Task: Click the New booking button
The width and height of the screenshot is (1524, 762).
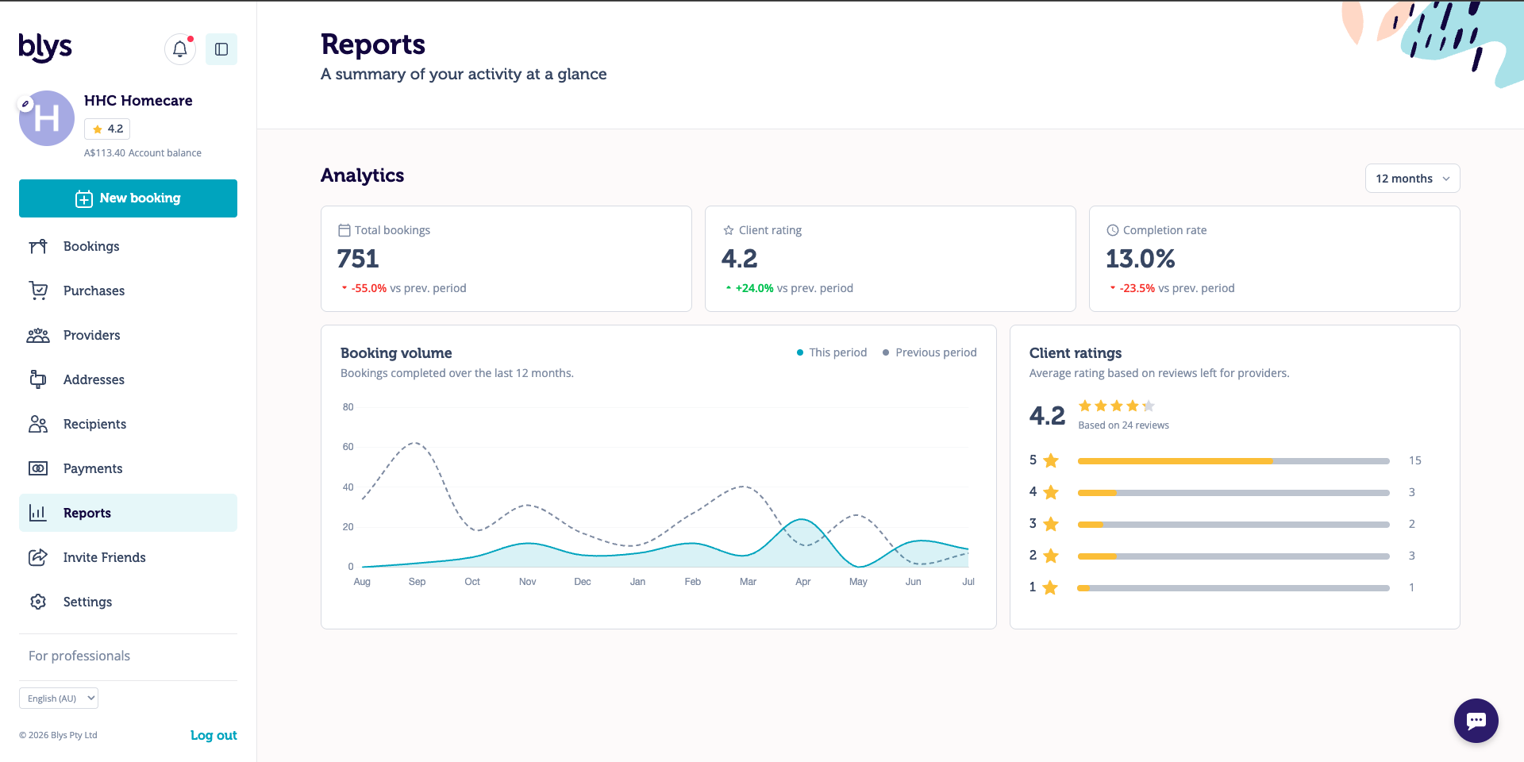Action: coord(128,198)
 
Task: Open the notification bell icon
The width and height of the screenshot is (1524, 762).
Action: coord(180,49)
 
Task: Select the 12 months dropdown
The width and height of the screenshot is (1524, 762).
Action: coord(1412,179)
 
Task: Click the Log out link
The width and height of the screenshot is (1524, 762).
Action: coord(214,735)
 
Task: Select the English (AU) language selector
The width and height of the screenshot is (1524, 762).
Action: coord(59,698)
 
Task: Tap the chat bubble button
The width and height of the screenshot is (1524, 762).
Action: coord(1476,721)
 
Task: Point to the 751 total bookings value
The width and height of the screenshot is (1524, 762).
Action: coord(358,259)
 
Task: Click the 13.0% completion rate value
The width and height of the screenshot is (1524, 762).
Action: coord(1140,259)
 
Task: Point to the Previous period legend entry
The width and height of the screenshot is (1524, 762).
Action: coord(929,352)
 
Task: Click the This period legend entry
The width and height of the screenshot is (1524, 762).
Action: coord(832,352)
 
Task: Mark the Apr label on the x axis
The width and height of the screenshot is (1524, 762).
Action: coord(803,582)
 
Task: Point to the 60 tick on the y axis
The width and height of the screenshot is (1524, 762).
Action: coord(348,447)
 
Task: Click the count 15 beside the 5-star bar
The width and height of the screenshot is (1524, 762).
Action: coord(1415,460)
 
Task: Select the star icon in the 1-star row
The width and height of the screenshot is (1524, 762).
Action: coord(1050,587)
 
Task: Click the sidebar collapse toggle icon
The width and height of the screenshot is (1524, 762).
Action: coord(221,49)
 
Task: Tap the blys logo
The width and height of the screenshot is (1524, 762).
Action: coord(45,48)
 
